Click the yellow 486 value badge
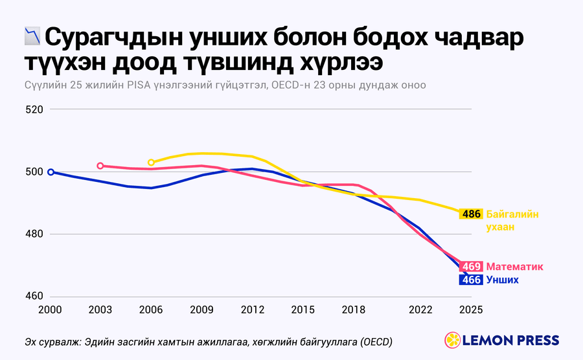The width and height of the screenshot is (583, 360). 471,214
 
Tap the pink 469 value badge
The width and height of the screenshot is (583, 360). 471,266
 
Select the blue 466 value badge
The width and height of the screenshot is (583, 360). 471,280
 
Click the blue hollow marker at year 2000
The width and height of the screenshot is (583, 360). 51,172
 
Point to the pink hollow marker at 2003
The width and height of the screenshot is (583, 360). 100,166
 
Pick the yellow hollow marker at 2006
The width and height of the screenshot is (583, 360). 151,163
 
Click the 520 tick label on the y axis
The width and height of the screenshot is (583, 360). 34,109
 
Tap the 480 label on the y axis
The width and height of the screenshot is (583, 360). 34,234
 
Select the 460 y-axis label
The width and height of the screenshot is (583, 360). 34,296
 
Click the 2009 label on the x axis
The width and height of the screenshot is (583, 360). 201,309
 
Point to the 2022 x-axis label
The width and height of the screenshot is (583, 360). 420,309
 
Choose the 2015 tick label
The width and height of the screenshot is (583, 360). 303,309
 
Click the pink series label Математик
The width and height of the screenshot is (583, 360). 514,267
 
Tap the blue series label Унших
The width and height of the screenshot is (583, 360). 502,280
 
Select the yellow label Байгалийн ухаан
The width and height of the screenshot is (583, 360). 512,221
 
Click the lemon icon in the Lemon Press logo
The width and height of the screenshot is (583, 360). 453,340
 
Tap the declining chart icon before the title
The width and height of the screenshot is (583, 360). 32,36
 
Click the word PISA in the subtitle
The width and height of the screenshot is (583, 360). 139,85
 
